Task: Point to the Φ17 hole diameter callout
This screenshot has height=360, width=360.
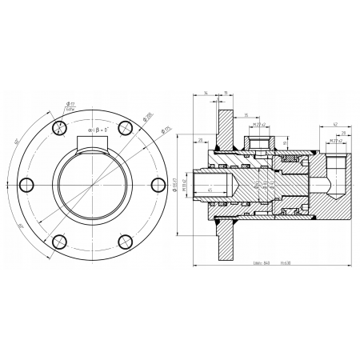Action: click(70, 104)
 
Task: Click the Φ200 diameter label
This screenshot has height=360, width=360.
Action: click(150, 117)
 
